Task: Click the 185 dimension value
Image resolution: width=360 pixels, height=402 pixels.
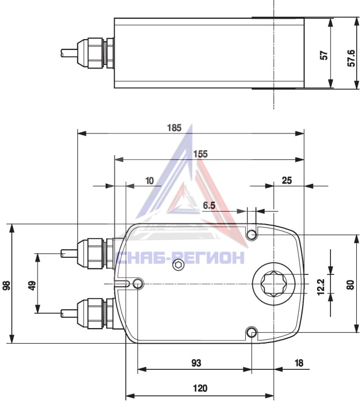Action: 174,128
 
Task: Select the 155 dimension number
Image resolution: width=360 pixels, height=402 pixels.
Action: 201,154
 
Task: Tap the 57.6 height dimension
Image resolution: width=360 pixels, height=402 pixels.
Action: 351,58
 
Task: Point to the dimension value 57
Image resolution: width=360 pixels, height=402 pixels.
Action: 324,55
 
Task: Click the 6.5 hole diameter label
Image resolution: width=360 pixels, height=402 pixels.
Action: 209,205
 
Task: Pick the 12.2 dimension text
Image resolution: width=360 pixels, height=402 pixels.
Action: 321,287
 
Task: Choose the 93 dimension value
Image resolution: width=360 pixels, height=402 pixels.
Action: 196,363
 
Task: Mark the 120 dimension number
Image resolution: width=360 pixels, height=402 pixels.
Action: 200,388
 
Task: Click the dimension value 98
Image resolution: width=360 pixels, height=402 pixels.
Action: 6,285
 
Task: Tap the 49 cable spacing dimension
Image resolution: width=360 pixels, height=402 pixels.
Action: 32,285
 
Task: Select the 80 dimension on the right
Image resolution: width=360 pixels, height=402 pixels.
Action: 350,285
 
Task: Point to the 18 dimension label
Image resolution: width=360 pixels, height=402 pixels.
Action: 299,363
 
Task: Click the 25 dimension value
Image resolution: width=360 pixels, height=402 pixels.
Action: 286,181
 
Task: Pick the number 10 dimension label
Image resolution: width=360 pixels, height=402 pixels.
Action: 149,181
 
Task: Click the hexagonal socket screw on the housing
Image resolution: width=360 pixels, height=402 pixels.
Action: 178,265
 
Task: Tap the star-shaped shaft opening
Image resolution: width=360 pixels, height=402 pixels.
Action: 274,284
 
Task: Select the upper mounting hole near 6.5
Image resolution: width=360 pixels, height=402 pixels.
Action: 252,234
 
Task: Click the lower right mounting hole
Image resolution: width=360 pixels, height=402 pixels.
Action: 252,333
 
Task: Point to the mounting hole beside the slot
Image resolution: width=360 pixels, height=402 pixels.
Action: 138,284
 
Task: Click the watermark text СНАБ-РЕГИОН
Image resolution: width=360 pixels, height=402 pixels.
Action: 180,258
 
